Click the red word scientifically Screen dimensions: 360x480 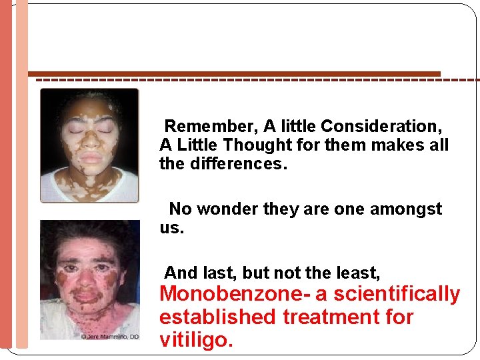coord(397,294)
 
